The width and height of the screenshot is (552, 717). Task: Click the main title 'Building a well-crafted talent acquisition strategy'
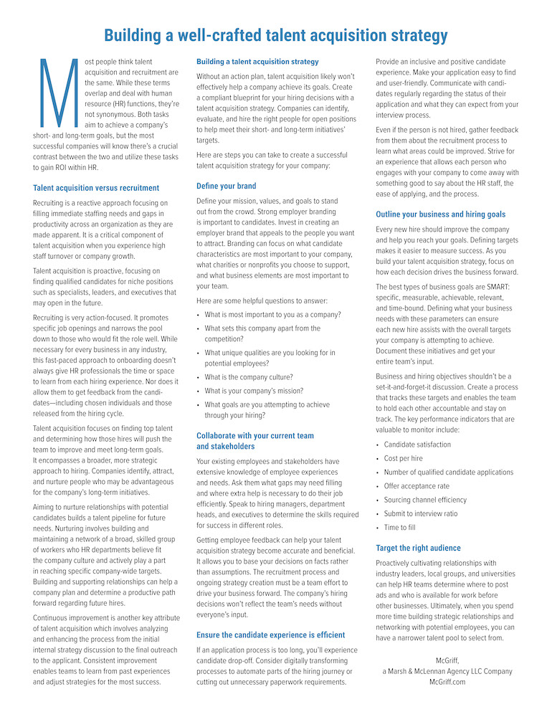coord(276,35)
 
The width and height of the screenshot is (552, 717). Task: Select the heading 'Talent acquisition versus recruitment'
coord(96,188)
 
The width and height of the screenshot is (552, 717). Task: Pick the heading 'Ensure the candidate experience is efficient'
coord(270,635)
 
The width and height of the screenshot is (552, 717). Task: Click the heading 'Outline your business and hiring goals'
coord(440,214)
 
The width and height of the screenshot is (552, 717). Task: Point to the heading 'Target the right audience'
coord(418,548)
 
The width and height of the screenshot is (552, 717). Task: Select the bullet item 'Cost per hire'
coord(403,458)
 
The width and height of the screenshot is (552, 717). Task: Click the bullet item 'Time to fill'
coord(399,528)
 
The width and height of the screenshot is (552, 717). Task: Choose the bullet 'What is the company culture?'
coord(249,376)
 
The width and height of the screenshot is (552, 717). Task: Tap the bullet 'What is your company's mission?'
coord(254,391)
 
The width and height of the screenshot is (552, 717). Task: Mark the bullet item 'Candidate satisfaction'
coord(417,445)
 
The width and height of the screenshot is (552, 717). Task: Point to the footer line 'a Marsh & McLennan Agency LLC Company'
coord(447,671)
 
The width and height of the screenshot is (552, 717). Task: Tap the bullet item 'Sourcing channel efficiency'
coord(425,500)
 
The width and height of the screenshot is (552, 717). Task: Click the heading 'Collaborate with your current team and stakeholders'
coord(255,440)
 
